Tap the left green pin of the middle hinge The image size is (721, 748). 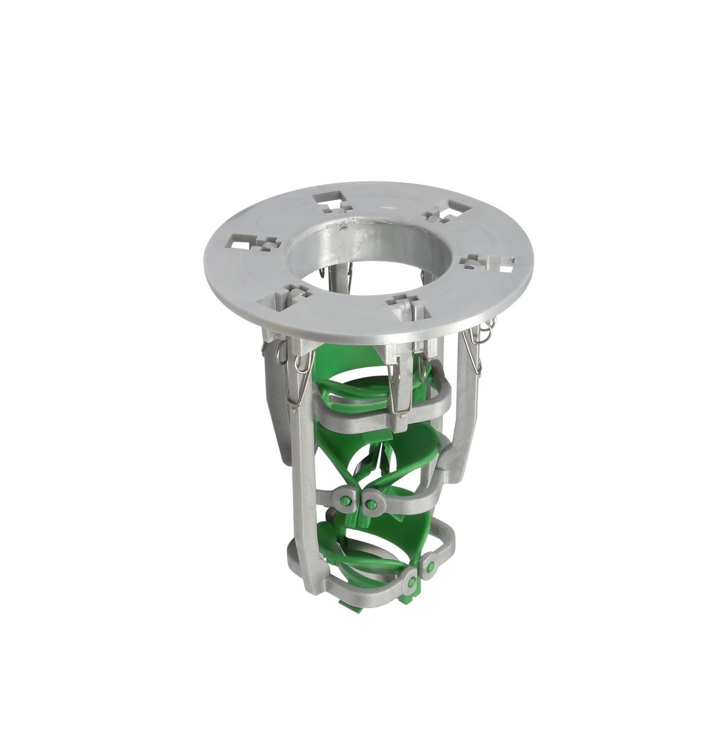[347, 499]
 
